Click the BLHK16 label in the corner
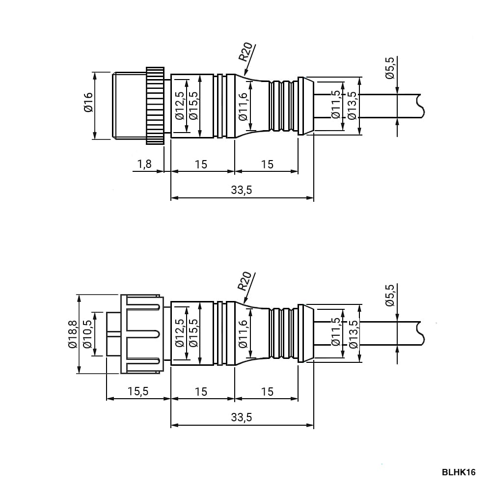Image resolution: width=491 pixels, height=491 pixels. click(x=459, y=472)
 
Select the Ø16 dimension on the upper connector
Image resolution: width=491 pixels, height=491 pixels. click(x=88, y=102)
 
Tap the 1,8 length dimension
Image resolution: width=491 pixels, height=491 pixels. click(x=144, y=164)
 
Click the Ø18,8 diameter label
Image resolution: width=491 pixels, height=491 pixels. click(x=72, y=334)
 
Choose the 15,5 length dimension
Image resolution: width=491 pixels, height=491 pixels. click(x=138, y=391)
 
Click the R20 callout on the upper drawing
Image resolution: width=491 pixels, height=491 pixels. click(x=245, y=52)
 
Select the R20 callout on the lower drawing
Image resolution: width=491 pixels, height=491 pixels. click(x=245, y=281)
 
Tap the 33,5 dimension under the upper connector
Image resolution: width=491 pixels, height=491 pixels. click(x=242, y=190)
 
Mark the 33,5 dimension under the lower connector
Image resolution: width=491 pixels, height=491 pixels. click(x=242, y=417)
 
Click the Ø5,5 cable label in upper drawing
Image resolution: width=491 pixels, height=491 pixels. click(x=390, y=68)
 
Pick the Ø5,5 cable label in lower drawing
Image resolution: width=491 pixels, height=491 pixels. click(x=390, y=295)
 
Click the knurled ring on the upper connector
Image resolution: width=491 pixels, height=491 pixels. click(x=155, y=106)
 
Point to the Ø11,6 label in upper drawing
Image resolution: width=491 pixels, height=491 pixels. click(x=243, y=107)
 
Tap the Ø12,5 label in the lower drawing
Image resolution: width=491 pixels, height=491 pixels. click(x=180, y=333)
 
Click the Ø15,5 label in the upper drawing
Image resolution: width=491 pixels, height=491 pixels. click(x=193, y=106)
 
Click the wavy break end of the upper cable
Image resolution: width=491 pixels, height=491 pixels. click(x=420, y=106)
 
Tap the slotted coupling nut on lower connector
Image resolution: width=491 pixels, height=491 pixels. click(x=142, y=334)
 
